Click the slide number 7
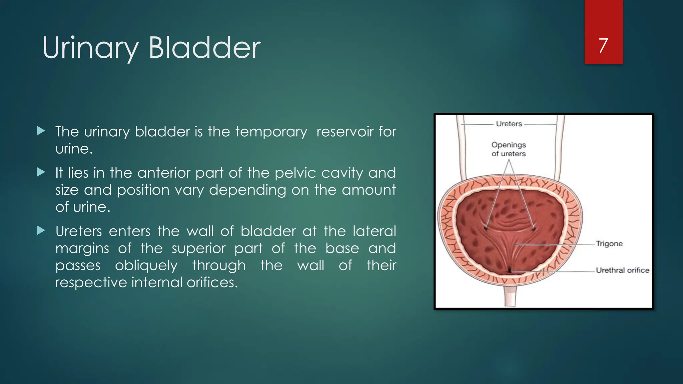pyautogui.click(x=603, y=46)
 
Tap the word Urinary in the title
pyautogui.click(x=90, y=49)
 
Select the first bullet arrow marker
pyautogui.click(x=41, y=131)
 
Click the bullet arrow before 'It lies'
pyautogui.click(x=41, y=172)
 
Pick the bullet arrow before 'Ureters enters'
pyautogui.click(x=41, y=230)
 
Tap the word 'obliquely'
pyautogui.click(x=146, y=266)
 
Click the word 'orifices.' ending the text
pyautogui.click(x=212, y=283)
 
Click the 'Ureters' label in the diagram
pyautogui.click(x=509, y=124)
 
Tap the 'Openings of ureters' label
pyautogui.click(x=509, y=149)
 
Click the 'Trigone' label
pyautogui.click(x=609, y=244)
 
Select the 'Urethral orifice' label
pyautogui.click(x=622, y=270)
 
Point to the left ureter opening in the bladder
pyautogui.click(x=486, y=228)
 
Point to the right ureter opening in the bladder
pyautogui.click(x=534, y=229)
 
